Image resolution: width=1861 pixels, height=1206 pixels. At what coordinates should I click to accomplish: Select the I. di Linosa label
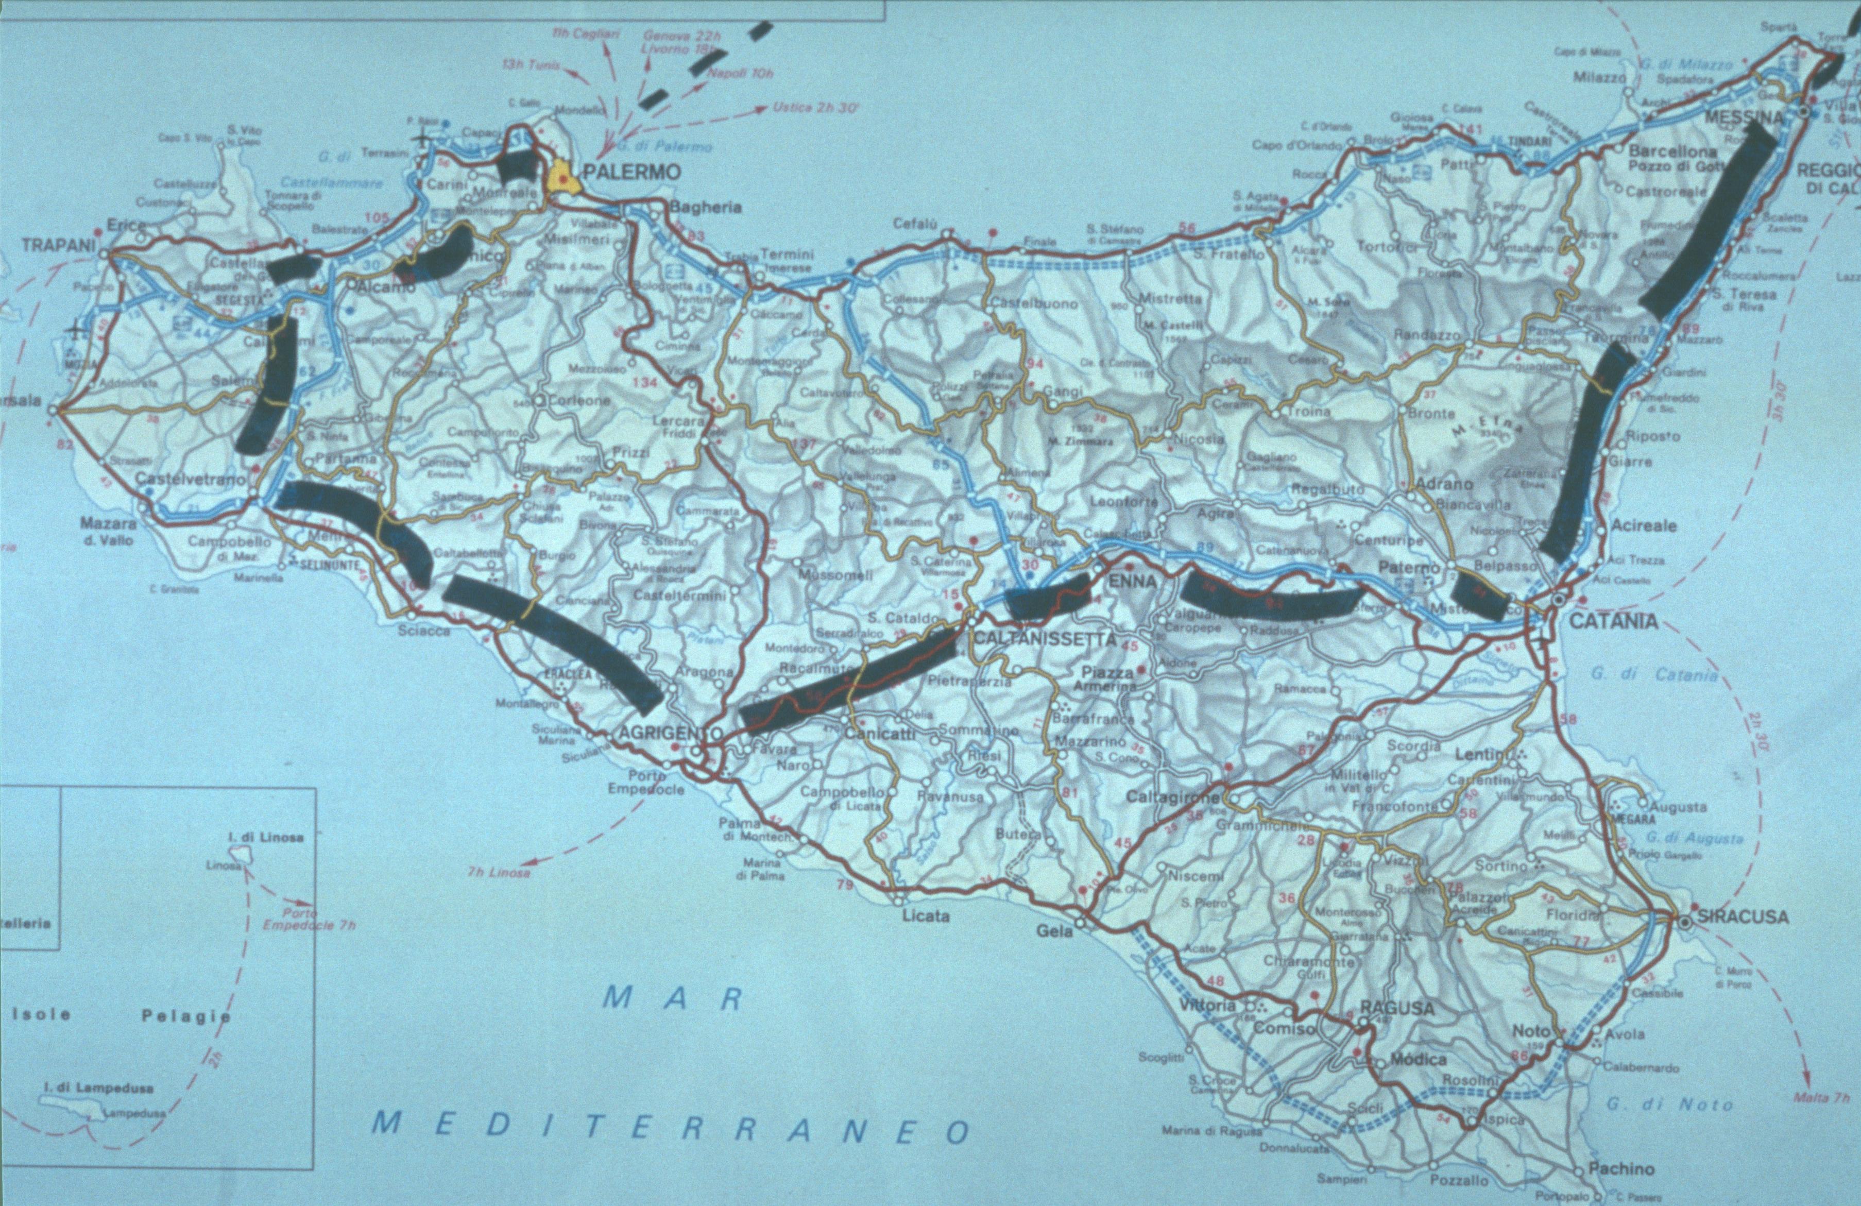pyautogui.click(x=266, y=837)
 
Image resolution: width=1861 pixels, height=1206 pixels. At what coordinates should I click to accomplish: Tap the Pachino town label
pyautogui.click(x=1620, y=1168)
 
